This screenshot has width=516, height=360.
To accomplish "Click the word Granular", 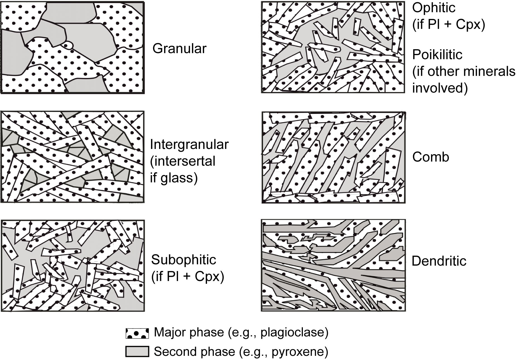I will tap(179, 49).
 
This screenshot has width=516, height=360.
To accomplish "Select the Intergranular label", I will tap(189, 145).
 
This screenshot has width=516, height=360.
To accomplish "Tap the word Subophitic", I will tap(183, 260).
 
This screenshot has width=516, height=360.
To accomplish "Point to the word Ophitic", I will tap(434, 8).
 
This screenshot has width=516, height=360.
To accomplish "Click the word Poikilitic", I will tap(437, 55).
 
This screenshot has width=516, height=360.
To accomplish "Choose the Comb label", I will tap(430, 157).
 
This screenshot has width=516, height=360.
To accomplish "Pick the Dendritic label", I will tap(439, 261).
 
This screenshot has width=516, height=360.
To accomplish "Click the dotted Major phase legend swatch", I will tap(137, 333).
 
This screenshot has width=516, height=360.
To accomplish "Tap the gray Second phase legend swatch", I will tap(137, 351).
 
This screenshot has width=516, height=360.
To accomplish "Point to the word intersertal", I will tap(184, 161).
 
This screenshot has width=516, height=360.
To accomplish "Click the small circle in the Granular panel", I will tap(68, 45).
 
